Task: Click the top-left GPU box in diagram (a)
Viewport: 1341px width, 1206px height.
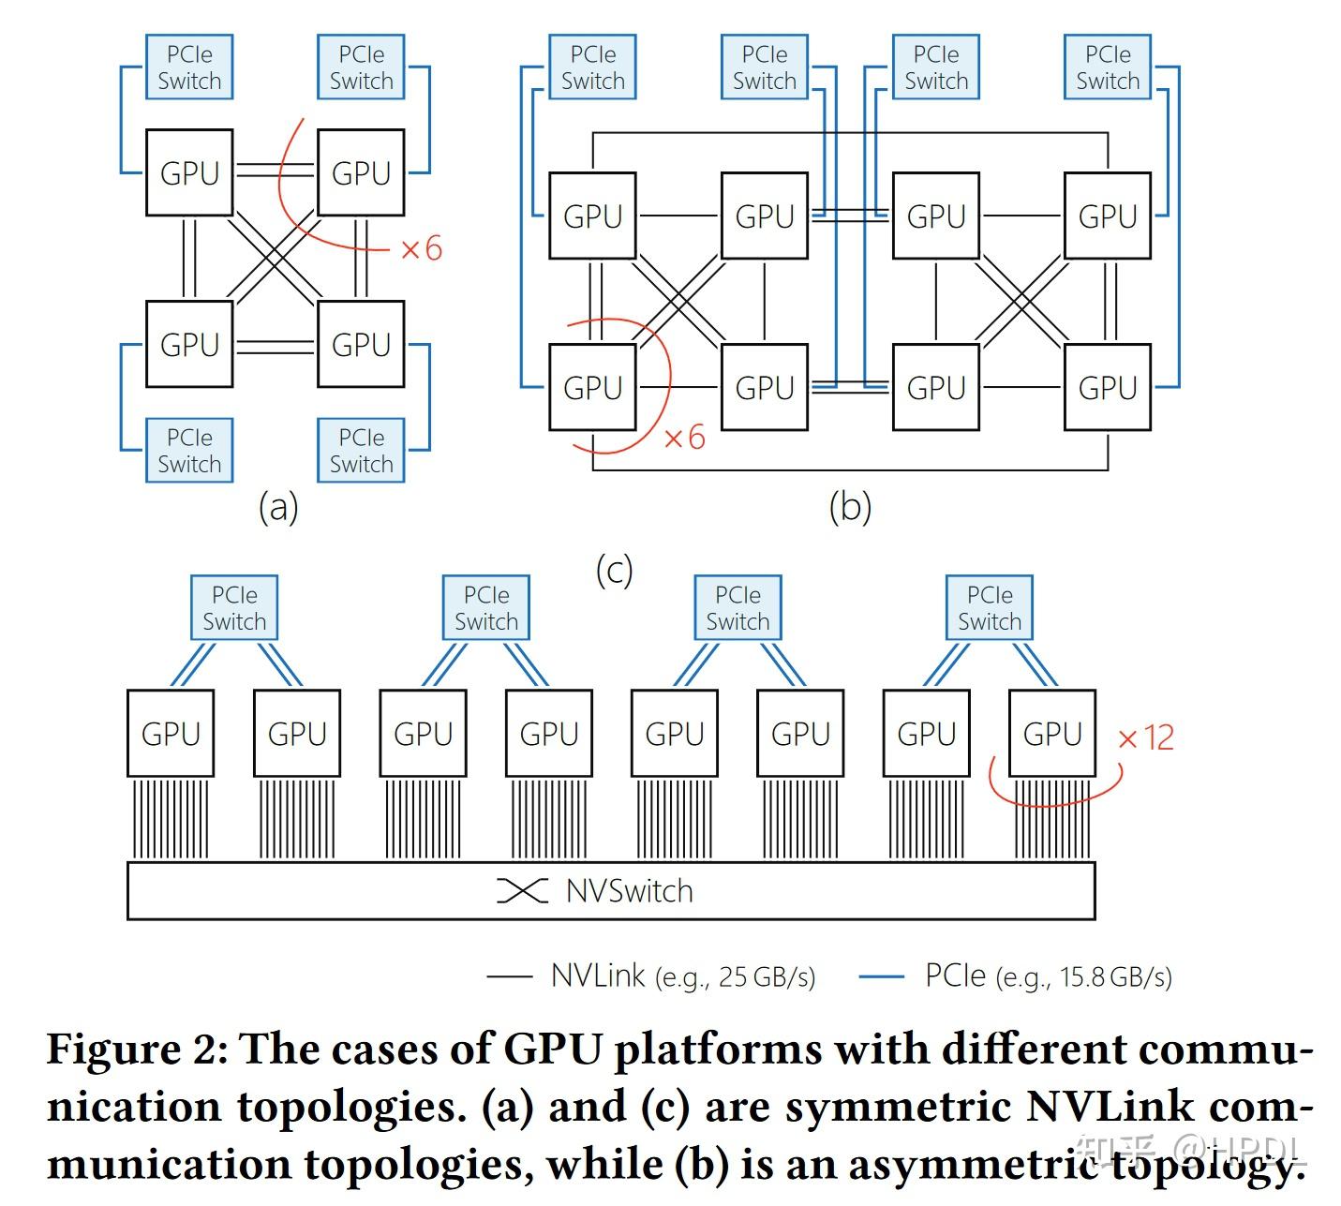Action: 188,173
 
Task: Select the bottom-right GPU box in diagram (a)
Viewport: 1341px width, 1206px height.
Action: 361,344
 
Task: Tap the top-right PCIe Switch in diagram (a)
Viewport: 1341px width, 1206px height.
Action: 361,67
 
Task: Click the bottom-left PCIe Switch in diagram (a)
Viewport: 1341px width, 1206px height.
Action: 188,451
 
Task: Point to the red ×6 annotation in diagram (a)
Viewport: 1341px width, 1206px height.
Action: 421,249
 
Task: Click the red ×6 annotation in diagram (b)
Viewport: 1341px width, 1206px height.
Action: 684,438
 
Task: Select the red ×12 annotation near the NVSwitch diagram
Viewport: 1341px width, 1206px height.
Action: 1145,738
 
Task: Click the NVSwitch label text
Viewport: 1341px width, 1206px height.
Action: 630,891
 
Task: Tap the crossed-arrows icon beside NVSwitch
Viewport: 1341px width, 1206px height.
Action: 522,891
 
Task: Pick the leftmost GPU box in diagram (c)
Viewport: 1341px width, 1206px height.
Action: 171,734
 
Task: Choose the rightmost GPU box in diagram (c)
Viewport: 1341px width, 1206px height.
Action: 1051,734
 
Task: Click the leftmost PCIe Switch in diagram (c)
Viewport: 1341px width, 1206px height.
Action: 234,608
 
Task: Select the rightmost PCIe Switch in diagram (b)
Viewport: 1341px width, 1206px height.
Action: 1108,67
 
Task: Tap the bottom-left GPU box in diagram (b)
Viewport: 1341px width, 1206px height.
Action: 592,387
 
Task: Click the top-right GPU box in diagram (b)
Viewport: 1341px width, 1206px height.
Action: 1108,216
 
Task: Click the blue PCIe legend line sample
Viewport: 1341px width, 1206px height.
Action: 881,976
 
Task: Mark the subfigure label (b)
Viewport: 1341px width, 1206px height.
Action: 850,507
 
